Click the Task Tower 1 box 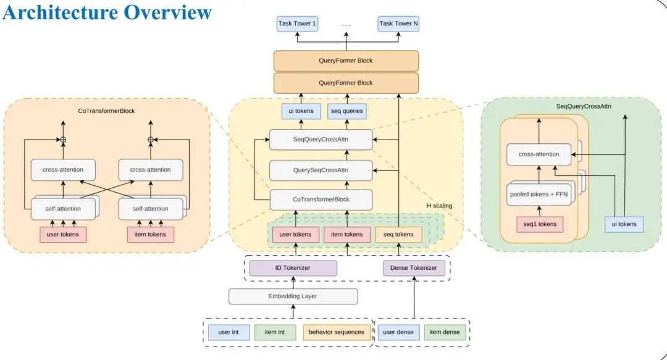coord(297,23)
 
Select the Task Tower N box coord(398,23)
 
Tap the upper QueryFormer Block coord(346,61)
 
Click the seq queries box coord(346,111)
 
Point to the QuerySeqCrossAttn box coord(321,170)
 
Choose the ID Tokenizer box coord(293,268)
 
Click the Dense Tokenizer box coord(413,268)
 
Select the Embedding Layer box coord(293,296)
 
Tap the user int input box coord(229,332)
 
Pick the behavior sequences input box coord(337,332)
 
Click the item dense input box coord(445,332)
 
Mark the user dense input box coord(398,332)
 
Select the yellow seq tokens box coord(398,235)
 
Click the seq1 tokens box coord(540,224)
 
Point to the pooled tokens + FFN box coord(539,195)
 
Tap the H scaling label coord(440,206)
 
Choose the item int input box coord(275,332)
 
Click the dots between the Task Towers coord(346,25)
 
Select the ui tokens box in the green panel coord(624,224)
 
